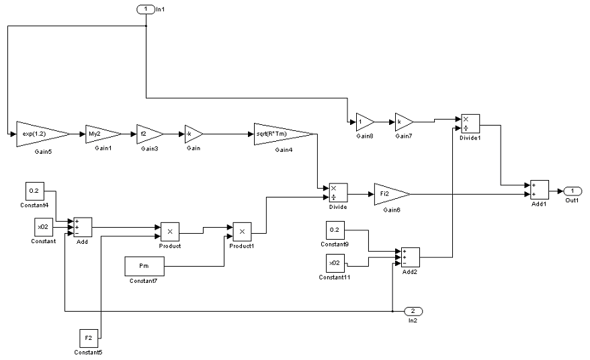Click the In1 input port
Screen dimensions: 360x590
[145, 8]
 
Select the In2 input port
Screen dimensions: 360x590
[413, 311]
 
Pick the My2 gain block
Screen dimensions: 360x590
[101, 133]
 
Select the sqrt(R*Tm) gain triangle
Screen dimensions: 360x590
[282, 133]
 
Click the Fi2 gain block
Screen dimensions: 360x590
[389, 193]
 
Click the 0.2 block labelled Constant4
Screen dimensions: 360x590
[35, 191]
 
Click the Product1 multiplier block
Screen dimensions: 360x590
[242, 232]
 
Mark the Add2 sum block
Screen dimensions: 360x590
[411, 257]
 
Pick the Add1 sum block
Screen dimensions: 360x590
[540, 189]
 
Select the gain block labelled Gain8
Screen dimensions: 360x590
[364, 122]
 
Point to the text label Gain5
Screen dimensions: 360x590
[42, 152]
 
